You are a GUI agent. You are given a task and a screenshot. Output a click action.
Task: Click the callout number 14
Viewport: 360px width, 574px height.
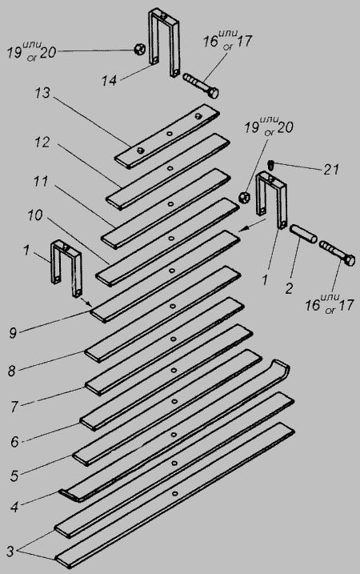click(x=109, y=81)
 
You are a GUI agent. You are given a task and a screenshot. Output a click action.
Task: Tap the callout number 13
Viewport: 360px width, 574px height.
click(x=42, y=93)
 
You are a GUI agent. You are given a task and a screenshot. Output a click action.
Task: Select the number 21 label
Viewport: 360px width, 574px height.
click(x=330, y=170)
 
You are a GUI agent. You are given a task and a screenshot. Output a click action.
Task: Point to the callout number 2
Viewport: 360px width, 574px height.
click(x=289, y=288)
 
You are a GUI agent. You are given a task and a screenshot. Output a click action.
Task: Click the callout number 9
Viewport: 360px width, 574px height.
click(x=13, y=333)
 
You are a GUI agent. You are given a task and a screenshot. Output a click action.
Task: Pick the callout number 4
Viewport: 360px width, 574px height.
click(x=14, y=508)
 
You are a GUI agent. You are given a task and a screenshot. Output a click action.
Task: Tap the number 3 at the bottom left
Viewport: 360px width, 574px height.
click(x=10, y=552)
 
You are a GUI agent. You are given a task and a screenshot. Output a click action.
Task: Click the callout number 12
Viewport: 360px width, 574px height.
click(x=42, y=142)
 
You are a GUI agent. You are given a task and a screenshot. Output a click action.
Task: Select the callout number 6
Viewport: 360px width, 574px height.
click(x=14, y=442)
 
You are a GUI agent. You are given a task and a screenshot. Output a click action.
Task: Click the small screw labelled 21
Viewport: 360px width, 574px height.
click(x=271, y=165)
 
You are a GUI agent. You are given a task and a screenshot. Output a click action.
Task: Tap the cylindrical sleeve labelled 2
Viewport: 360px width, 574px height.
click(x=303, y=234)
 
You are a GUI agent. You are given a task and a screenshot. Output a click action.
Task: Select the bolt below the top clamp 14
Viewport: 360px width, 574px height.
click(x=200, y=86)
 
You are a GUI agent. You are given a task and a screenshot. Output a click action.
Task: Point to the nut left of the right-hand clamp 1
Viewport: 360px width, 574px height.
click(x=243, y=197)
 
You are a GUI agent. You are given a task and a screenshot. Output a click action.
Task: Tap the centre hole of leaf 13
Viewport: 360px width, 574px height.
click(x=169, y=134)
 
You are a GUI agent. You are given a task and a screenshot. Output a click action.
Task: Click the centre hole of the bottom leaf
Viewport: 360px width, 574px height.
click(x=175, y=493)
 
